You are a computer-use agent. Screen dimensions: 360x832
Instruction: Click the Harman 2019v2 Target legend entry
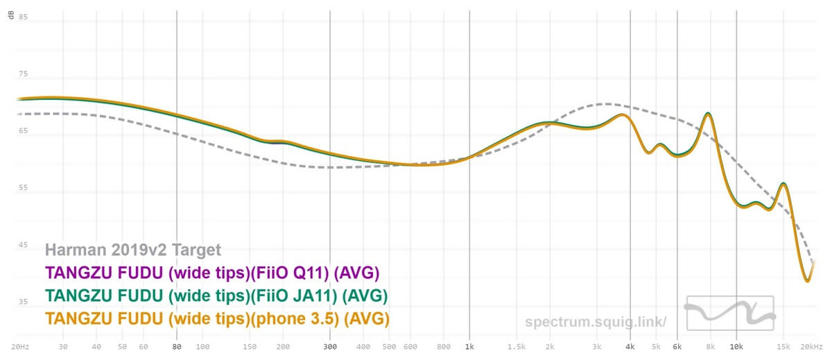(133, 250)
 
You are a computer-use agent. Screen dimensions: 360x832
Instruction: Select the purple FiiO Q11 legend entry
(212, 272)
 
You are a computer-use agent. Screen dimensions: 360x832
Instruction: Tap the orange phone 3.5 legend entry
(217, 318)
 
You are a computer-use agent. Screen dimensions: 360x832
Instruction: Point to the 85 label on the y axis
(24, 17)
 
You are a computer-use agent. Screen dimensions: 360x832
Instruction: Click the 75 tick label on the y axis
(24, 74)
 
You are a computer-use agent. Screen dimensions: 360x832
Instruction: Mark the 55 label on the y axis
(24, 188)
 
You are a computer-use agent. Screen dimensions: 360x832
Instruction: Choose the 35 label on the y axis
(24, 302)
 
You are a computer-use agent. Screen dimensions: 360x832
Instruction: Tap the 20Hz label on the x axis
(19, 346)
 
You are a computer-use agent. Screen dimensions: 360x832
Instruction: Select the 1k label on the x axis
(470, 346)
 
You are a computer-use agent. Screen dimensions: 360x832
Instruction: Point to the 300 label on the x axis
(330, 346)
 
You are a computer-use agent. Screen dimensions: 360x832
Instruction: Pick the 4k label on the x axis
(630, 346)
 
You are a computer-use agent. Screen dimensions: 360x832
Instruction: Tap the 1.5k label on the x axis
(515, 346)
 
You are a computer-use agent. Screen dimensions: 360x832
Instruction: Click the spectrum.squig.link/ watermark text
(596, 322)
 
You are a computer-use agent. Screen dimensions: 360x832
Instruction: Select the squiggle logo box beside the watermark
(729, 314)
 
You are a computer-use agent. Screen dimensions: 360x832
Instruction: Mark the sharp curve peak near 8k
(708, 113)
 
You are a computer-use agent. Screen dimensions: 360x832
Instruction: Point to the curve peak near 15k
(783, 184)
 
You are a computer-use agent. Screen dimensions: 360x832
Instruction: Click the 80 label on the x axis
(177, 346)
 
